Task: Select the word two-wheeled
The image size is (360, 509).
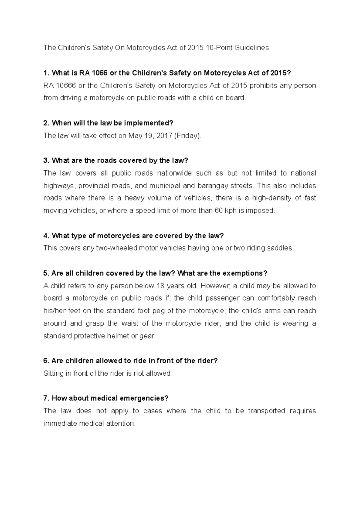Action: click(116, 248)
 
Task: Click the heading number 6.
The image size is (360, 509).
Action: click(46, 361)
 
